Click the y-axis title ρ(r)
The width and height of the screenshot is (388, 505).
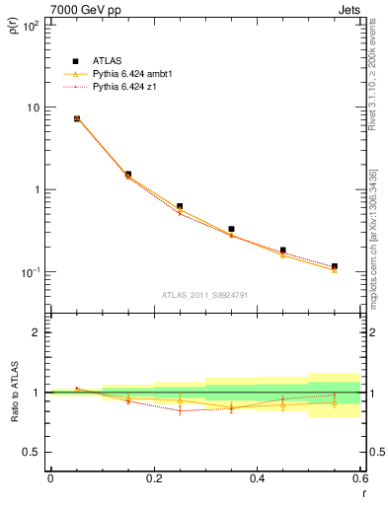[x=14, y=29]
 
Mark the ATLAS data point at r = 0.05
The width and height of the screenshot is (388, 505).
[x=76, y=118]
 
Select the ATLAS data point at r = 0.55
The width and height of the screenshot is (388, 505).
[x=335, y=266]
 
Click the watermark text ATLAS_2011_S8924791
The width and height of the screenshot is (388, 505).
[x=204, y=294]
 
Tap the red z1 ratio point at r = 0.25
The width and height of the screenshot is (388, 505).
[x=180, y=410]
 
